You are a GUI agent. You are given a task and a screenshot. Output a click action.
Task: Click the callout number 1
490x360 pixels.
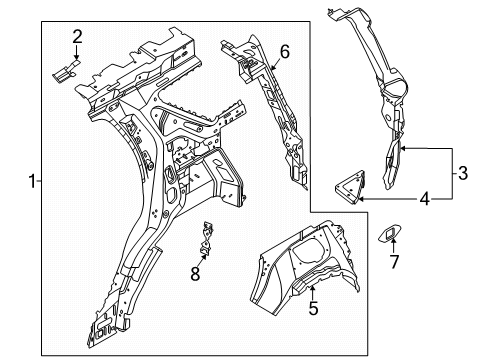(x=32, y=182)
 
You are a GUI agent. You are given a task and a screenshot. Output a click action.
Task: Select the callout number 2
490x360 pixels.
(x=77, y=37)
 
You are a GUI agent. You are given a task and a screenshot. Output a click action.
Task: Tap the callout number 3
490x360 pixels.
(x=463, y=173)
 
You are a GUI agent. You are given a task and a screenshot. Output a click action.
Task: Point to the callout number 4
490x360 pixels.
(x=424, y=200)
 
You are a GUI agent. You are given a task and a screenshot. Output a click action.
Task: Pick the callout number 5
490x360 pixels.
(x=313, y=308)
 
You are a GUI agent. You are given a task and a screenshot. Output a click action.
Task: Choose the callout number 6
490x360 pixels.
(x=285, y=52)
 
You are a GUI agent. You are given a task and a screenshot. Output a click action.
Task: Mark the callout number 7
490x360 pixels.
(x=394, y=262)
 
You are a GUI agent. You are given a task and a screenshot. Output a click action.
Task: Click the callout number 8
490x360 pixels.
(x=195, y=274)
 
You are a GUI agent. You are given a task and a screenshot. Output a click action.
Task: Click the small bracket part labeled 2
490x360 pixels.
(x=66, y=71)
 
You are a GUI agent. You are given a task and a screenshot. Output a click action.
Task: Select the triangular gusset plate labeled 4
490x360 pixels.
(x=351, y=187)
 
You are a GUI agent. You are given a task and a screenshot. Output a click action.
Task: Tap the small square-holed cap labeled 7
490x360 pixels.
(x=390, y=233)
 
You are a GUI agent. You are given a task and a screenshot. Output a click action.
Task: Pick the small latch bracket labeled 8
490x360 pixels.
(x=207, y=240)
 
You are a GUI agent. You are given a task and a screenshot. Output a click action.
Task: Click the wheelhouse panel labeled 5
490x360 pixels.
(x=305, y=267)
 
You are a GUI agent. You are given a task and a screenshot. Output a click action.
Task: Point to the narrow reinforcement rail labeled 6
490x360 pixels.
(x=267, y=110)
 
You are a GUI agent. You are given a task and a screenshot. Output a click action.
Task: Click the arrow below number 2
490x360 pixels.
(x=77, y=53)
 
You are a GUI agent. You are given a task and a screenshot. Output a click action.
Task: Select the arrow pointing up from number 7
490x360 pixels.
(x=393, y=246)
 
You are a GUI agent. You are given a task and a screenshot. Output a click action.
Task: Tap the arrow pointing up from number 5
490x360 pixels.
(x=312, y=293)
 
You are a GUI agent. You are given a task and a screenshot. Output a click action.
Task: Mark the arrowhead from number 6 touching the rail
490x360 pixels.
(x=273, y=68)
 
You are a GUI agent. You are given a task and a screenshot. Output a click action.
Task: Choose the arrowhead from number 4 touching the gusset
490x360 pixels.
(x=361, y=200)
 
